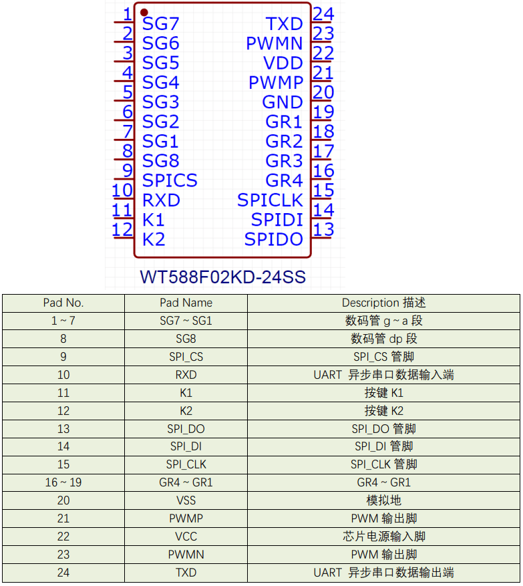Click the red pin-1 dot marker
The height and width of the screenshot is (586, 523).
pos(144,13)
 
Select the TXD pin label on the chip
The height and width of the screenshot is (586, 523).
pos(285,24)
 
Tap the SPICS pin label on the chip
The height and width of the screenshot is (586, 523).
pos(170,180)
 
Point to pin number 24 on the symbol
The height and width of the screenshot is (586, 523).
pos(323,14)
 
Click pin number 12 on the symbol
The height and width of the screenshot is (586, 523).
pos(122,229)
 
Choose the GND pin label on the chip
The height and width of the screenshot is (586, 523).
pos(283,102)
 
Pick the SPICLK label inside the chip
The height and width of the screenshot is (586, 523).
pos(270,200)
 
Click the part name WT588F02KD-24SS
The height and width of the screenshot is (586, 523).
pos(222,277)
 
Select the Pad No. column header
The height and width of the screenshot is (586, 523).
pos(63,303)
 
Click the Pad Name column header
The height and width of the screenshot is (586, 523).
pos(186,303)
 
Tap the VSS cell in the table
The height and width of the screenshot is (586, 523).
pos(186,500)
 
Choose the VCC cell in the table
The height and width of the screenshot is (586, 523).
pos(186,537)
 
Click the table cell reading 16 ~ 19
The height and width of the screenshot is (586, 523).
pos(63,482)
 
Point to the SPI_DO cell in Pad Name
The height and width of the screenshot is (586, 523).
pos(186,429)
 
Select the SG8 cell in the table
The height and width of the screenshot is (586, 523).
pos(186,339)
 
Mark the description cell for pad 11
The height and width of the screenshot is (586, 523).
pos(383,393)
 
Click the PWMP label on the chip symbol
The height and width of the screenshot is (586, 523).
pos(276,83)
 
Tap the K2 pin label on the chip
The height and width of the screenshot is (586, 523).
pos(154,239)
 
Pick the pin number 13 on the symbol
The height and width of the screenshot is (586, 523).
pos(323,229)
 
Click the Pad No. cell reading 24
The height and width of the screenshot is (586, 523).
pos(63,573)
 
